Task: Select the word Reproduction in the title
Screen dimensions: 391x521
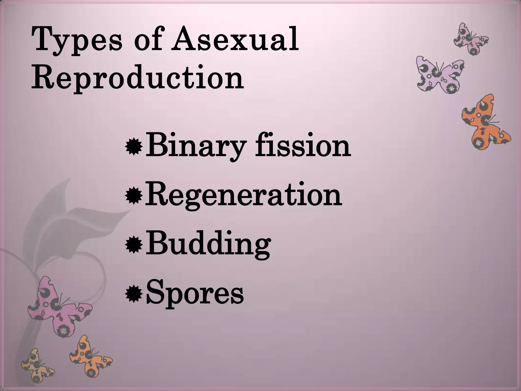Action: tap(137, 78)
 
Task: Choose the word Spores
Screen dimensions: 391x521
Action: tap(195, 294)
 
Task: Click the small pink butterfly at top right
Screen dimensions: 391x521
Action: tap(471, 39)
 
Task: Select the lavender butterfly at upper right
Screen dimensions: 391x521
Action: tap(439, 75)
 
